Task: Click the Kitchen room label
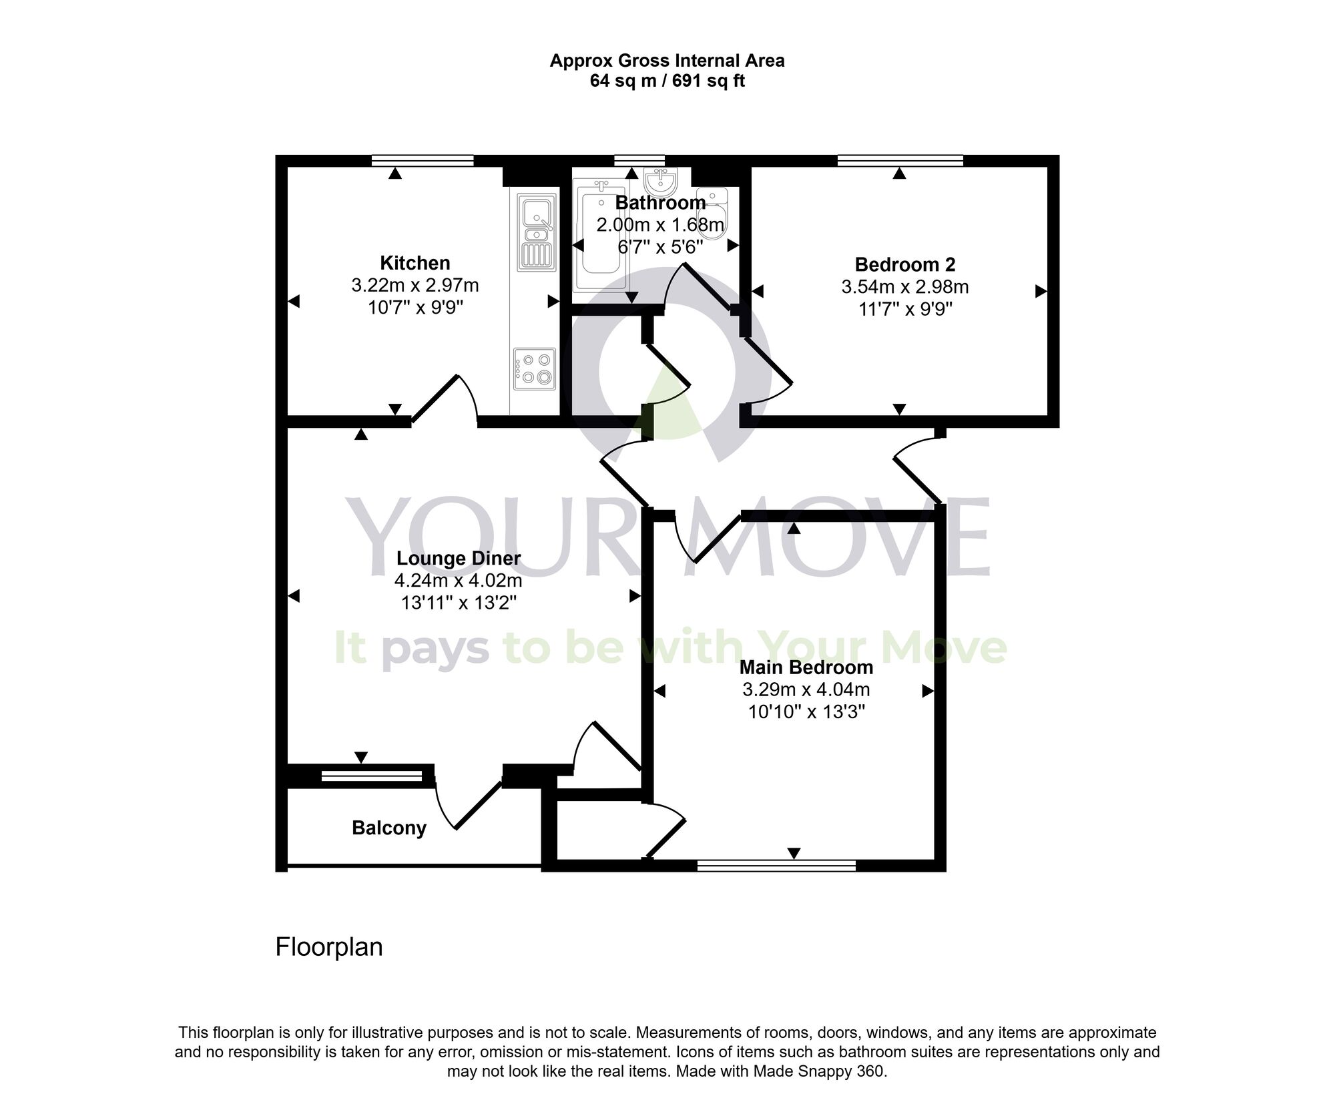415,263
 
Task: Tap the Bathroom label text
660,202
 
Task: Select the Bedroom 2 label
904,264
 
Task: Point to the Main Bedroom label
806,667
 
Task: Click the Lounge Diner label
459,558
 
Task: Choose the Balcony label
389,828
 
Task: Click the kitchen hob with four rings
535,369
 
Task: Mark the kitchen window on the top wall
423,160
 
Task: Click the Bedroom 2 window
900,160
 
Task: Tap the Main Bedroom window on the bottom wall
776,866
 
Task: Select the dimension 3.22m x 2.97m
415,286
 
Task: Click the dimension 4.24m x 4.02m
459,580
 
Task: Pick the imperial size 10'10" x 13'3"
806,712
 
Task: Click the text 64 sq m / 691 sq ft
667,81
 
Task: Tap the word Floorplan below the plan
329,947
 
